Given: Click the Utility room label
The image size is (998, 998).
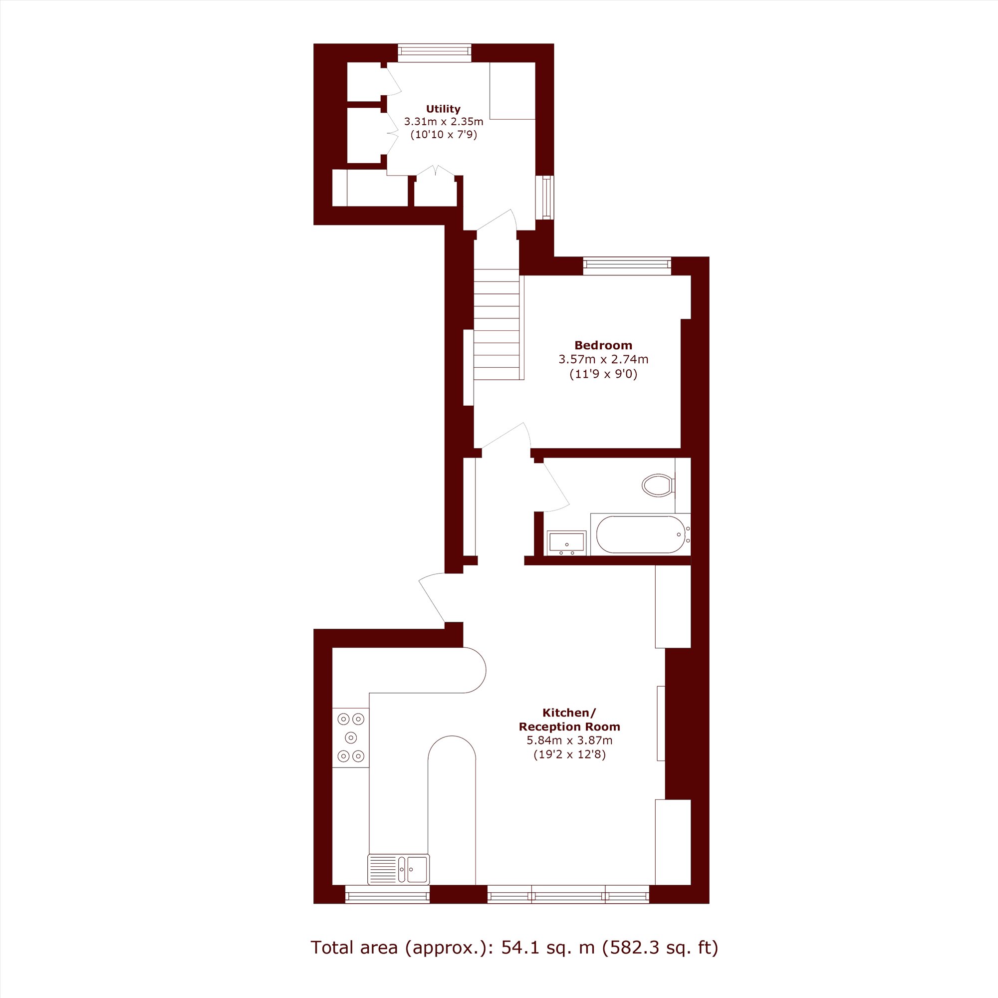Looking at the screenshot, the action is tap(443, 109).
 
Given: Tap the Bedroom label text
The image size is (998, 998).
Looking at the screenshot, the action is tap(603, 345).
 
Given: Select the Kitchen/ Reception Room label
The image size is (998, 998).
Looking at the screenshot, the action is tap(569, 720).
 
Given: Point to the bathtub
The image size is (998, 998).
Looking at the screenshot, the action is tap(641, 534).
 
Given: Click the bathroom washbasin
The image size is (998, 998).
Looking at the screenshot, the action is tap(566, 542).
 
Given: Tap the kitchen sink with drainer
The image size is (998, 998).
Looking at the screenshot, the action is tap(398, 869).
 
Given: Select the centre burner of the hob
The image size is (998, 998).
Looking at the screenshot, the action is tap(351, 737).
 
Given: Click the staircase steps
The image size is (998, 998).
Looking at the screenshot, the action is tap(497, 324).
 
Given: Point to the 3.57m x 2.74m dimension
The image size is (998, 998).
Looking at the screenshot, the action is tap(603, 359).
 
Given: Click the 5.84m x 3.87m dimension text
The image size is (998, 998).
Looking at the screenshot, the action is tap(569, 740).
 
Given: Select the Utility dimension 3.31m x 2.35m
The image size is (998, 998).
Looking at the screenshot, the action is tap(443, 122).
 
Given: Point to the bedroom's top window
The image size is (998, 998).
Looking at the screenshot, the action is tap(627, 265).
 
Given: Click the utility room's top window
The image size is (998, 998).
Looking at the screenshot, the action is tap(435, 53).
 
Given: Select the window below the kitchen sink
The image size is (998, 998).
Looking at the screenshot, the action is tap(387, 894).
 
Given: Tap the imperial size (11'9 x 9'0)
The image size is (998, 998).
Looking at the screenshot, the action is tap(603, 373).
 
